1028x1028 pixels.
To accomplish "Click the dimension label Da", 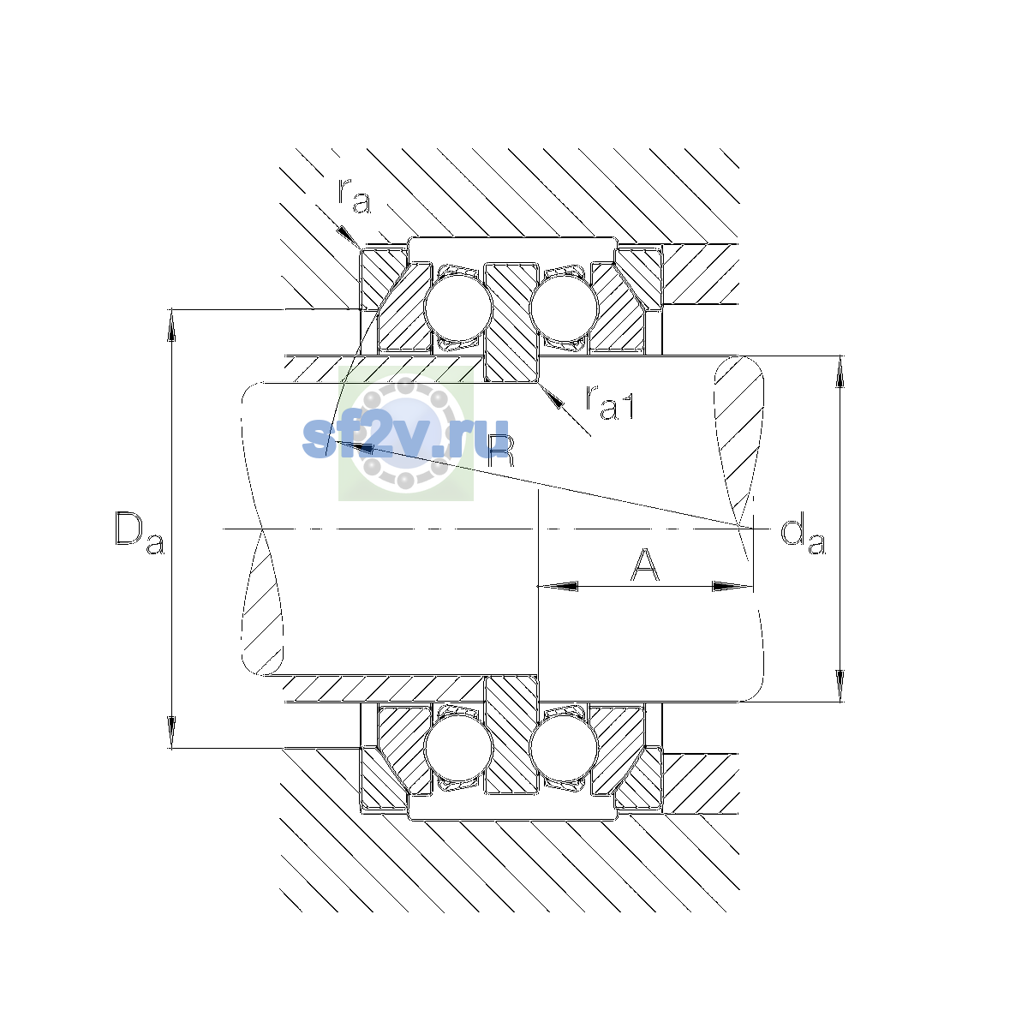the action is [x=140, y=533].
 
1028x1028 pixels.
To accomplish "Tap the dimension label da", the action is [x=803, y=533].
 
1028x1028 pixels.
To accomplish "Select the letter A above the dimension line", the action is [x=644, y=565].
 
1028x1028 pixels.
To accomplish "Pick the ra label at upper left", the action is [x=354, y=197].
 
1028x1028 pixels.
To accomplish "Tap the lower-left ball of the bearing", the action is [x=457, y=749].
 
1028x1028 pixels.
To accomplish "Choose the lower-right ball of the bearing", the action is [x=564, y=749].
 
